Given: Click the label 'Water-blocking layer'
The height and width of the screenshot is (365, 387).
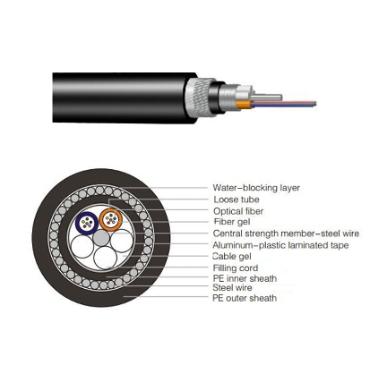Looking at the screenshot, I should [256, 188].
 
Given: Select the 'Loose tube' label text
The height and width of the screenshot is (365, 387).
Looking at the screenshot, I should [236, 199].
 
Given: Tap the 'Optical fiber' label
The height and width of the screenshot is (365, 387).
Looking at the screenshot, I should [238, 211].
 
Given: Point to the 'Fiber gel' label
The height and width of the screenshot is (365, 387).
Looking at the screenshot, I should [232, 222].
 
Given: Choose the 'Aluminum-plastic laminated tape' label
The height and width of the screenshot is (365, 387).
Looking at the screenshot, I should [280, 244].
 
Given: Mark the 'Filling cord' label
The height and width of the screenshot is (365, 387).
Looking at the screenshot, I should [236, 267].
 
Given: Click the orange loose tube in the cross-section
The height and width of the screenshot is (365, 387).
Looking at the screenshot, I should [110, 219].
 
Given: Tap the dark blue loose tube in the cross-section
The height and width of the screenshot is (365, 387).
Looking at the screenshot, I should [87, 221].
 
